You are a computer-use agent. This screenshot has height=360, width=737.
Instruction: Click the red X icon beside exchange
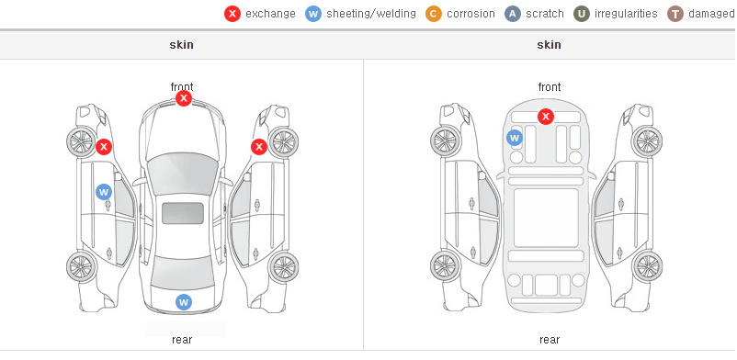point(232,14)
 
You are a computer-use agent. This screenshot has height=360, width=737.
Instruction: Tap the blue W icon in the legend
point(313,14)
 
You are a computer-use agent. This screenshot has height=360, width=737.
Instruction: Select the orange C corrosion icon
point(434,14)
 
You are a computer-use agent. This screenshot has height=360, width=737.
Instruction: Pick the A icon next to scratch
point(513,14)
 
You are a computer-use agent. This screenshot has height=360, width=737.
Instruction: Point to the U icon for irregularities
point(582,14)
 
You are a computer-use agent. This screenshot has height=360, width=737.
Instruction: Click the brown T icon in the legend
point(675,14)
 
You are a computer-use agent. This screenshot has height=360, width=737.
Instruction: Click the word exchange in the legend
point(270,14)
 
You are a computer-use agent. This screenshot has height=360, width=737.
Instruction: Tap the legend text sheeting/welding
point(371,14)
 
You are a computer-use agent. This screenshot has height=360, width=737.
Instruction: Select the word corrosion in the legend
point(471,14)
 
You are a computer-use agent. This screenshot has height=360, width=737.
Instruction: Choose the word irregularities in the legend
point(626,14)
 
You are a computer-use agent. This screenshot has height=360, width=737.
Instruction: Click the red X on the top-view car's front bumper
point(184,98)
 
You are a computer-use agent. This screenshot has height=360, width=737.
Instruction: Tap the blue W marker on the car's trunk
point(184,302)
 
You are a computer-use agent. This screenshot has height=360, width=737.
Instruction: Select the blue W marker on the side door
point(104,192)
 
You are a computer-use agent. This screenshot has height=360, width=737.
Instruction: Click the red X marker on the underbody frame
point(546,116)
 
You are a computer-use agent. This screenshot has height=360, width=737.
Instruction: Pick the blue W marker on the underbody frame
point(515,138)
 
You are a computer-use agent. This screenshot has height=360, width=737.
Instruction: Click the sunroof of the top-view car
point(183,213)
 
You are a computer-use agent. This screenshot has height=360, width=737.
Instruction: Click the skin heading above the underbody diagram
point(549,45)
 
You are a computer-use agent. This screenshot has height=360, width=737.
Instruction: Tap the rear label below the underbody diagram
point(550,339)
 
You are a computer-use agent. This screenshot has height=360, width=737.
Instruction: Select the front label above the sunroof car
point(182,87)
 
